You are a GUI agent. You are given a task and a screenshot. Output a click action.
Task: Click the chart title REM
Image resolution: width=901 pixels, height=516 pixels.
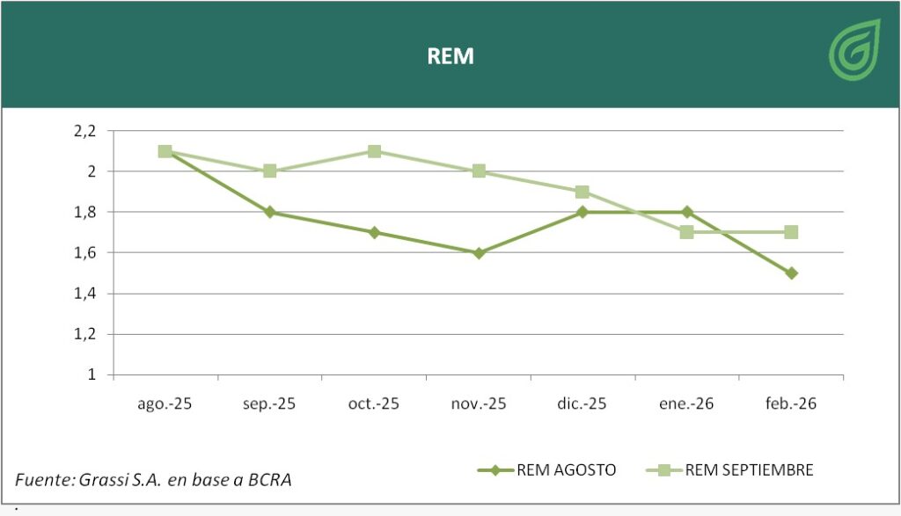click(450, 56)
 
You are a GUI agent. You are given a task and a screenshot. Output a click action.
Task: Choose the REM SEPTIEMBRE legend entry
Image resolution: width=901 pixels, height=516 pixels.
click(749, 470)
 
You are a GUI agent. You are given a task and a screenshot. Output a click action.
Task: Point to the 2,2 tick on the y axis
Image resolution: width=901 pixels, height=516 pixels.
click(84, 131)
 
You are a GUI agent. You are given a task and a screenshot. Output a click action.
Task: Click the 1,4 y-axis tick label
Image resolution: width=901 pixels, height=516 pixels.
click(84, 294)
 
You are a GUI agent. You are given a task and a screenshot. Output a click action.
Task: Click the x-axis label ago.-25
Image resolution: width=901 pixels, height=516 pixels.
click(165, 404)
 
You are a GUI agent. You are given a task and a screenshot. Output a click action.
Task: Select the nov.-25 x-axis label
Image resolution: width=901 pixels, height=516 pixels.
click(479, 404)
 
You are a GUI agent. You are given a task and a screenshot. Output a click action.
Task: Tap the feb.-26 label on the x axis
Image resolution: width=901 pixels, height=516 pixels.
click(792, 404)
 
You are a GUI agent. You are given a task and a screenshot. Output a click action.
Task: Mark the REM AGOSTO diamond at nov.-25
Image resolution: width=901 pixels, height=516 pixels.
click(479, 253)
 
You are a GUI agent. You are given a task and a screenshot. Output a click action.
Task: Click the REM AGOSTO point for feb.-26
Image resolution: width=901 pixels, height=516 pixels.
click(792, 273)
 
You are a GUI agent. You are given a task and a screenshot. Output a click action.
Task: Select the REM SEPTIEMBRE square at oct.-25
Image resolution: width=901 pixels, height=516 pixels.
click(374, 151)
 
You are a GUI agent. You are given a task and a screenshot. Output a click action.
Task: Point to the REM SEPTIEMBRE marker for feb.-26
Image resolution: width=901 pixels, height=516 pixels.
click(791, 232)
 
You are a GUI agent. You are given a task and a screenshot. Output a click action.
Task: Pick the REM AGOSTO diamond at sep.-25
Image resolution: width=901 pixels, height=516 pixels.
click(270, 212)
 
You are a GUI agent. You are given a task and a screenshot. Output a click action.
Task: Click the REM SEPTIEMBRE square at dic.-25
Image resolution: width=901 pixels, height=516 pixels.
click(582, 192)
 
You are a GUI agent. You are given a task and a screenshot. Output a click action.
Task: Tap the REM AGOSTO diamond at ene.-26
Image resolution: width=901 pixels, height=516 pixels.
click(687, 212)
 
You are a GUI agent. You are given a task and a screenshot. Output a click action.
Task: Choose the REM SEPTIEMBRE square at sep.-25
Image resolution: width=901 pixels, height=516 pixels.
click(270, 171)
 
